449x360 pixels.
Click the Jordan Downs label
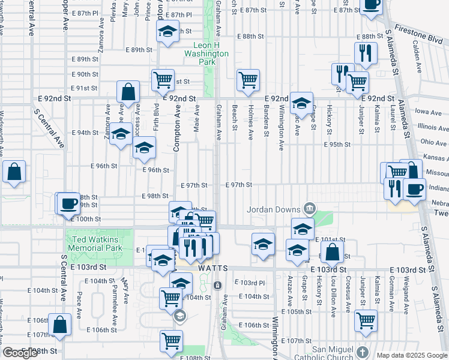[x=274, y=209]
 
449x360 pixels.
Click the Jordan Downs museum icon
[x=309, y=209]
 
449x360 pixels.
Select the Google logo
[x=20, y=353]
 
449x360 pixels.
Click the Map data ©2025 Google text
[x=412, y=355]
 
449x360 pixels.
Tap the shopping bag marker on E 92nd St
[x=129, y=92]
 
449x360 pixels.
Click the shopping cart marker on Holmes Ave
[x=247, y=80]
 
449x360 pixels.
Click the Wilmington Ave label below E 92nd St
[x=281, y=128]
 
